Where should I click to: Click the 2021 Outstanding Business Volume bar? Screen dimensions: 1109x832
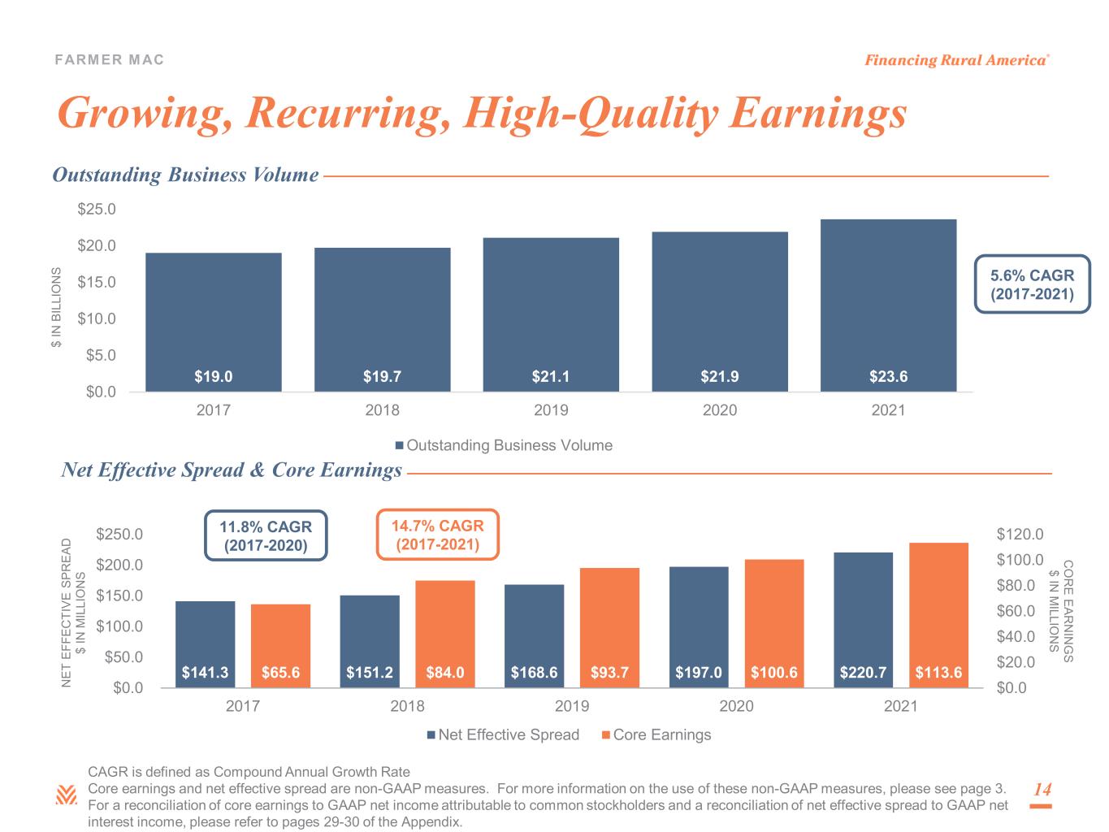pos(888,305)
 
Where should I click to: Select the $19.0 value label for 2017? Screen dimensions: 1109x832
pos(213,376)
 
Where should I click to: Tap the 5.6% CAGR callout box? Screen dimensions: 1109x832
pos(1032,284)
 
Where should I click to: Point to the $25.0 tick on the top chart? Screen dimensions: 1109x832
pos(97,209)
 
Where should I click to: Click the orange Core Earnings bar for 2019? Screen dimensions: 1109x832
pos(609,627)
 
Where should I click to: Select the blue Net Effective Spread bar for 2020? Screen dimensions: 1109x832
pos(699,627)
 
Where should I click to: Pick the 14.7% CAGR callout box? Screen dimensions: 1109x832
pos(438,535)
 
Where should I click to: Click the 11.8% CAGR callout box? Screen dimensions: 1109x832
pos(266,535)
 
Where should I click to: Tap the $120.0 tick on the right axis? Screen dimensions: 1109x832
pos(1020,534)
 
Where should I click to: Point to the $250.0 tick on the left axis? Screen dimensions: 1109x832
pos(119,534)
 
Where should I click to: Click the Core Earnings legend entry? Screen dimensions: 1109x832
pos(656,734)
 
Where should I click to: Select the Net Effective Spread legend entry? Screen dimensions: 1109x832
pos(503,734)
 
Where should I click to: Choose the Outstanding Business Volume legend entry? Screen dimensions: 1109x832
pos(504,445)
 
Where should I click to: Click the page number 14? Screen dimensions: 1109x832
pos(1042,789)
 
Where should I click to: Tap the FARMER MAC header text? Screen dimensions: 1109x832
pos(109,59)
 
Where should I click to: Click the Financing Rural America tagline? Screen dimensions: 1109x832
pos(956,60)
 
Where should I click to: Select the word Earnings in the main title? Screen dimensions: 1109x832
pos(818,114)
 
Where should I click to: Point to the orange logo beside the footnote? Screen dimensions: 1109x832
pos(66,795)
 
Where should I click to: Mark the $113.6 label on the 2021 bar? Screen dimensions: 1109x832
pos(938,673)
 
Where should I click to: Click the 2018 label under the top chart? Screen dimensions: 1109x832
pos(382,409)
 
